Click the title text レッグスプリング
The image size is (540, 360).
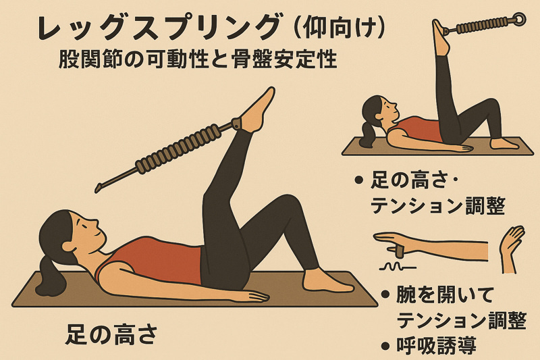[159, 28]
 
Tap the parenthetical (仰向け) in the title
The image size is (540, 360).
[340, 28]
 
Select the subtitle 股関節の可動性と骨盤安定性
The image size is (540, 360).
[198, 59]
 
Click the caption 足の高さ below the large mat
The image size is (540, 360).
[112, 334]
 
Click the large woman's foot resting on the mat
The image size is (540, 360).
[327, 280]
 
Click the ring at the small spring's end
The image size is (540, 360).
[518, 19]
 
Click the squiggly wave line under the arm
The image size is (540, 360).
[398, 266]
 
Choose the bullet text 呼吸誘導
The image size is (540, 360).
[436, 345]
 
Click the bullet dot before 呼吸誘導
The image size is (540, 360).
[385, 345]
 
